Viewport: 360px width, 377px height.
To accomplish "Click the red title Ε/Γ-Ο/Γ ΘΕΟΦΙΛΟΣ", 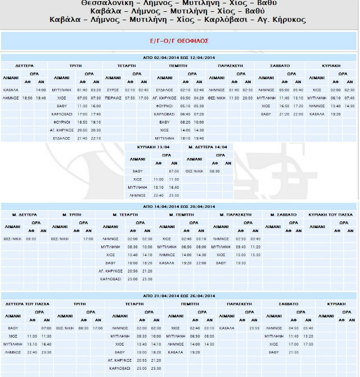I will (x=179, y=40).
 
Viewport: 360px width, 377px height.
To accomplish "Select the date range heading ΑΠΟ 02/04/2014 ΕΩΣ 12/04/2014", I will (x=179, y=57).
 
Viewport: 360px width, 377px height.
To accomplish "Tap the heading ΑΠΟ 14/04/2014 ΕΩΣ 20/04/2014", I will (x=179, y=207).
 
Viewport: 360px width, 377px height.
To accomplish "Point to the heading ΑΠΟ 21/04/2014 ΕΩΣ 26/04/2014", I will (x=179, y=296).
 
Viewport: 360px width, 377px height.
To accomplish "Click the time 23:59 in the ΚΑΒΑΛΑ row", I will (x=253, y=328).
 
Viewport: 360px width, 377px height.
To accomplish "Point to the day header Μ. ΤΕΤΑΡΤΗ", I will (x=126, y=215).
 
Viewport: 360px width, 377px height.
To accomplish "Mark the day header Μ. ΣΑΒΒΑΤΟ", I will (x=279, y=215).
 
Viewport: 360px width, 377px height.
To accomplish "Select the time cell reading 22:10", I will (x=96, y=138).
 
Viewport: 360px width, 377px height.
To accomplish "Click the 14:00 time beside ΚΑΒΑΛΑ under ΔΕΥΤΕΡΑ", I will (x=41, y=90).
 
